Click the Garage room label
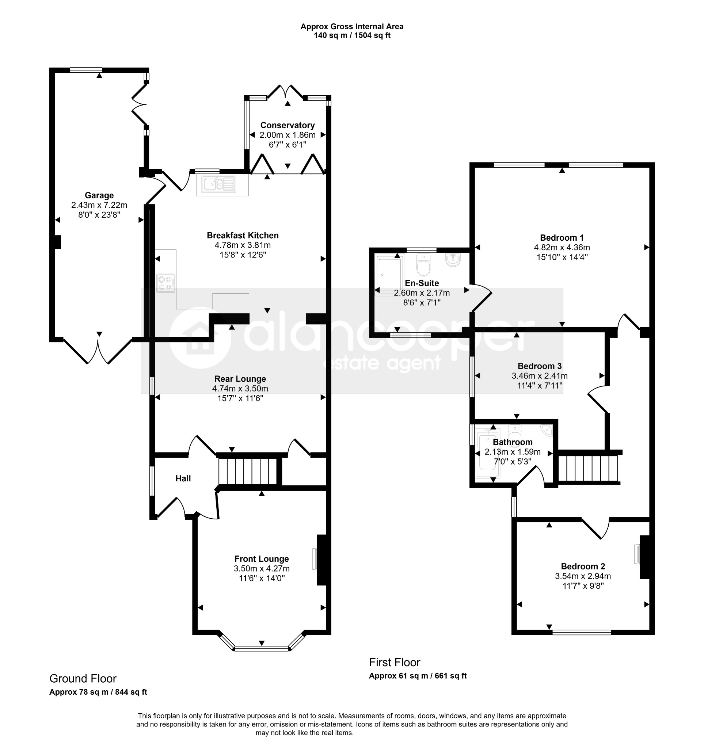click(x=99, y=195)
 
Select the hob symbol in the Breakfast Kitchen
click(x=166, y=283)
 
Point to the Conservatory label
click(x=288, y=125)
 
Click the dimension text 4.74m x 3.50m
click(x=240, y=388)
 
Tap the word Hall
click(x=183, y=478)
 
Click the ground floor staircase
click(x=248, y=471)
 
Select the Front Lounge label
click(x=262, y=559)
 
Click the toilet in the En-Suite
click(x=424, y=265)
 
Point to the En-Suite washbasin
click(x=453, y=260)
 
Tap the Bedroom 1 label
click(x=562, y=238)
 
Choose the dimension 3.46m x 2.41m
click(x=540, y=375)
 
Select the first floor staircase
click(x=588, y=469)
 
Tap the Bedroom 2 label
click(x=583, y=566)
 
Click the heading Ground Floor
click(x=83, y=678)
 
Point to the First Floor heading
click(x=395, y=662)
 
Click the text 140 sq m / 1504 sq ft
click(x=352, y=36)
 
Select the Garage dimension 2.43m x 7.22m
click(x=99, y=205)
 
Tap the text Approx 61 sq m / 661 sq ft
click(x=418, y=676)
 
